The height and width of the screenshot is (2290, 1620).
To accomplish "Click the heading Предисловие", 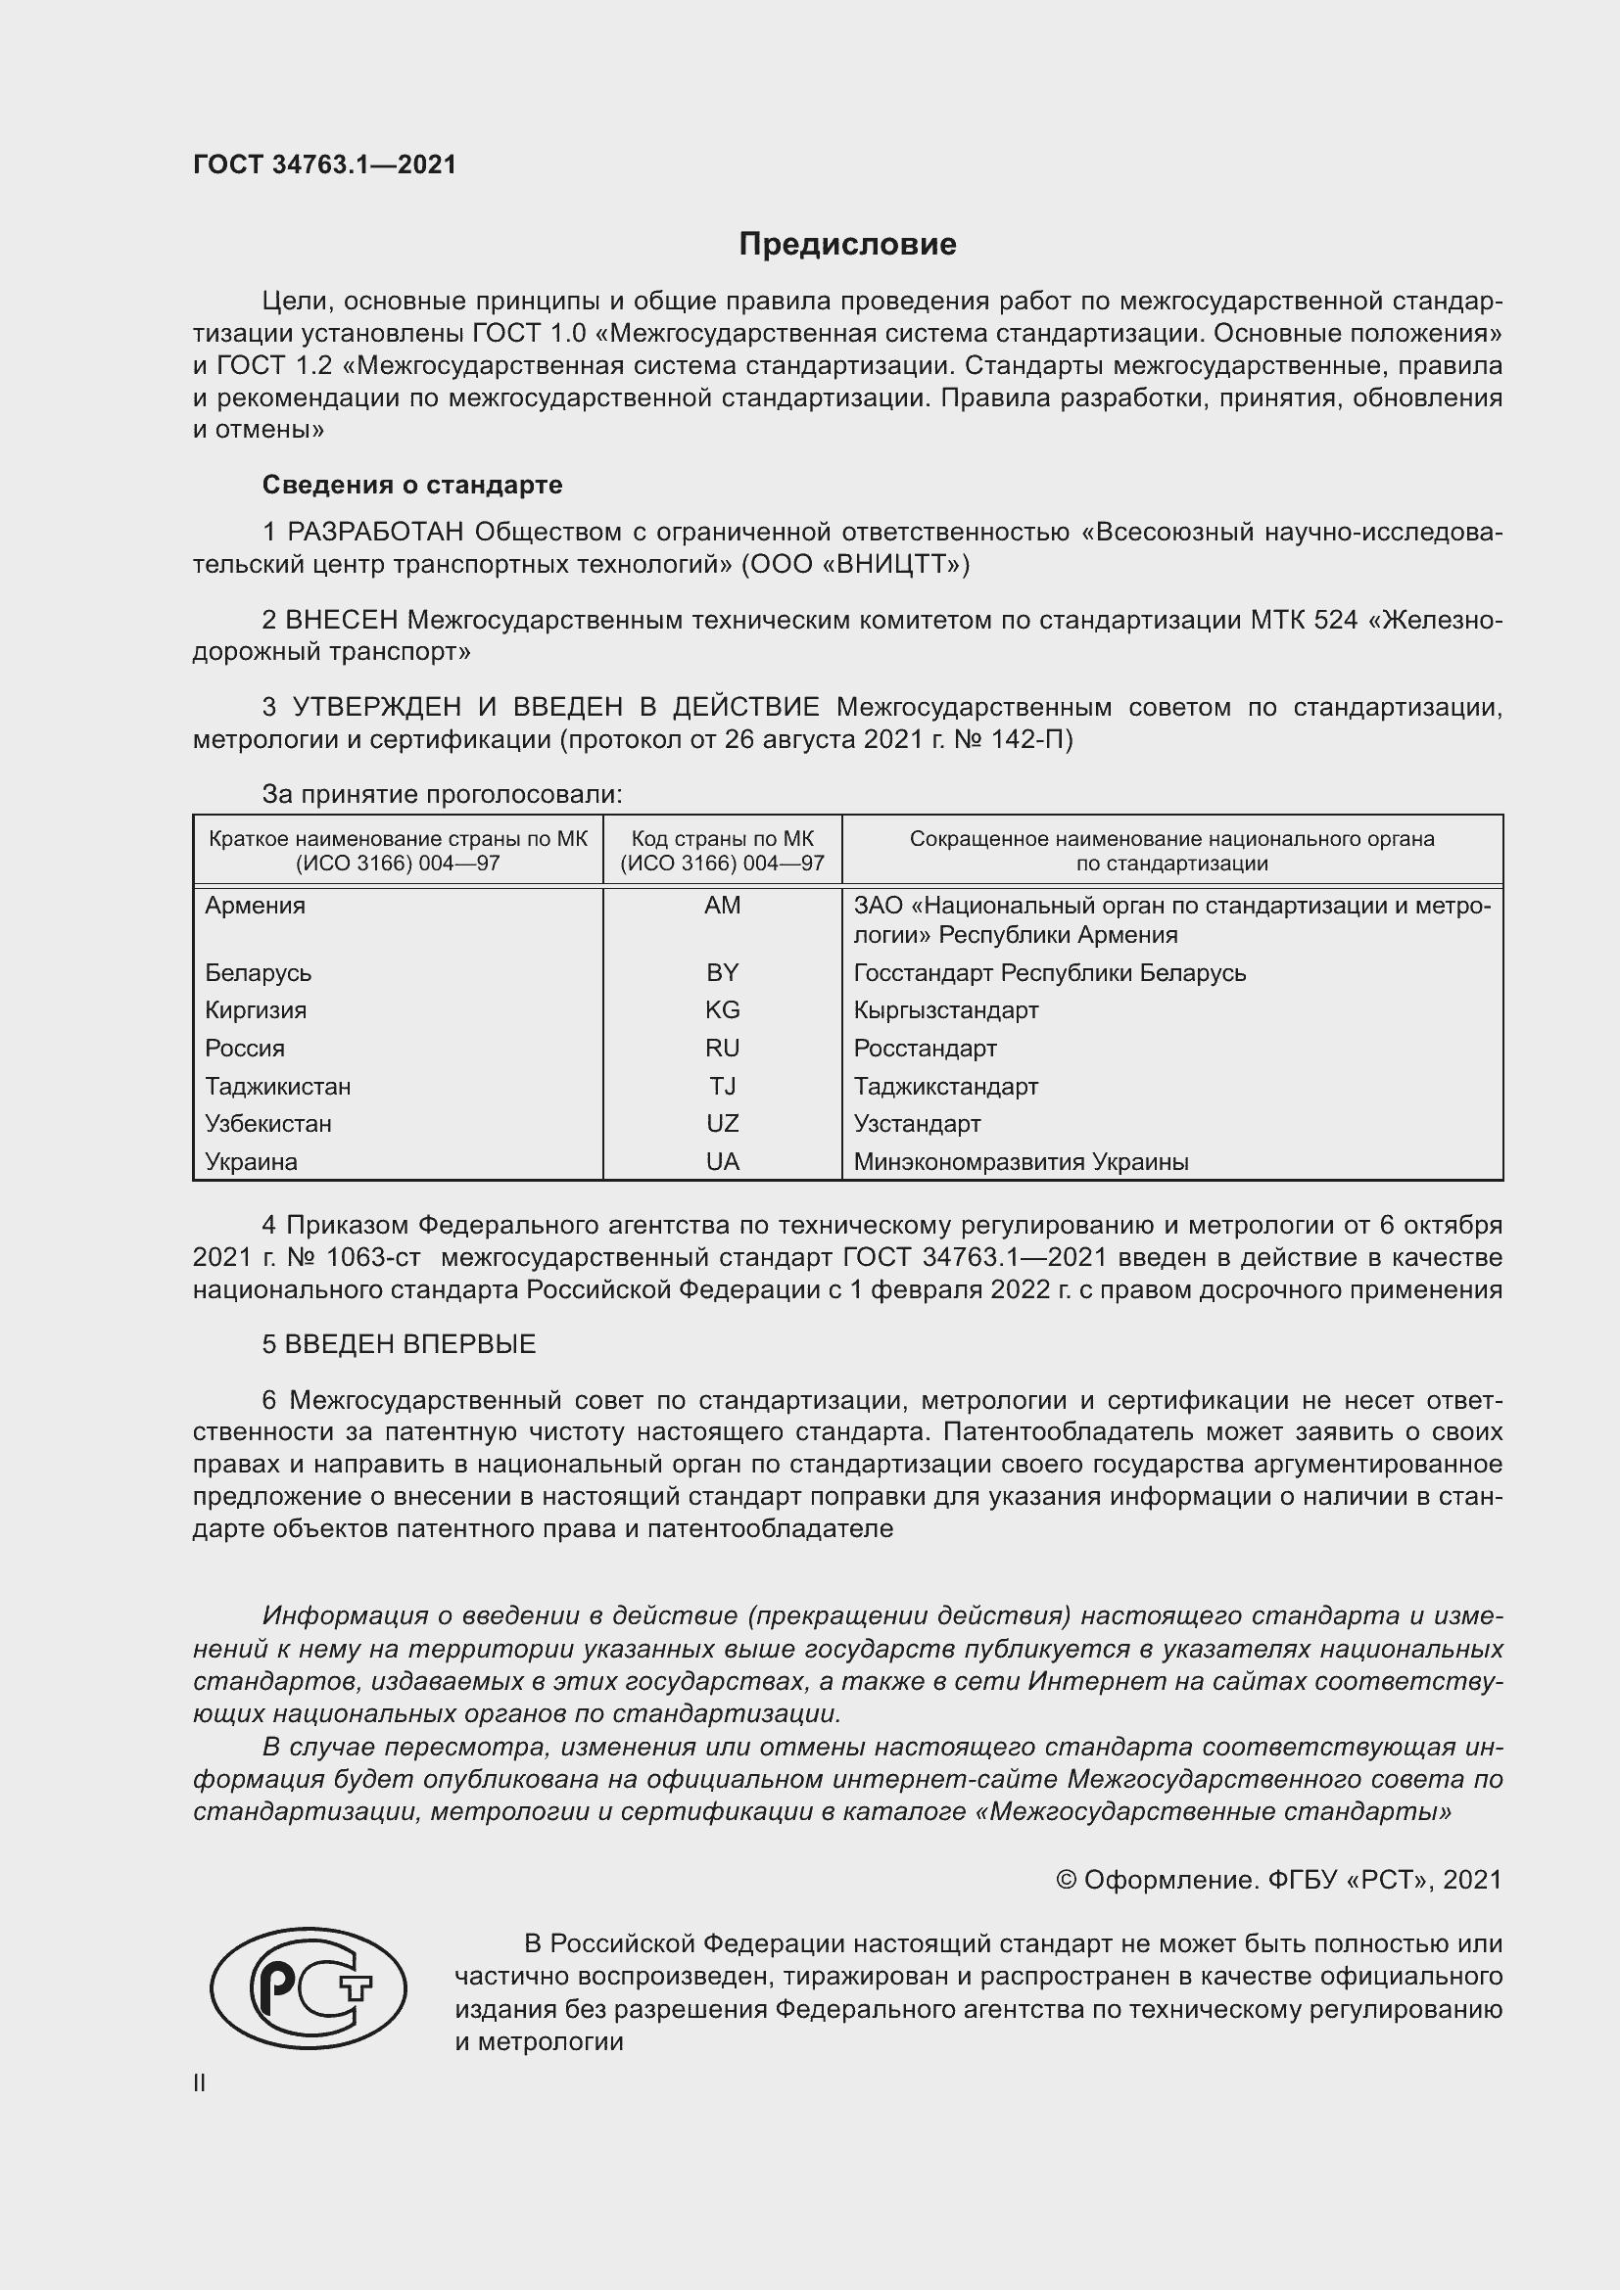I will coord(847,245).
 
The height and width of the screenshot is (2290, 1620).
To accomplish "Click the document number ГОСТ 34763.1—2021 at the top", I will coord(324,165).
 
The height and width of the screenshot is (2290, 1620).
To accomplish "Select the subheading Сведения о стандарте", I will coord(412,485).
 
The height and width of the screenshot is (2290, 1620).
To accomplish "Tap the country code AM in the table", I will coord(722,906).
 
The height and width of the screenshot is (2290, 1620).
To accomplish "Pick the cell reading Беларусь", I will coord(259,972).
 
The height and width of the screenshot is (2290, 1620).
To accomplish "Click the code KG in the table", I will coord(722,1010).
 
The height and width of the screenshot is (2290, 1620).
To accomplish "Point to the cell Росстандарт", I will coord(925,1049).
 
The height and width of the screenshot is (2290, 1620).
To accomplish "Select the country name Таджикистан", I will coord(277,1086).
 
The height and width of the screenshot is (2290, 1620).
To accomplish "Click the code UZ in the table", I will coord(722,1124).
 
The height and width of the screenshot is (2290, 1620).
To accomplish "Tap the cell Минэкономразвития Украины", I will coord(1021,1162).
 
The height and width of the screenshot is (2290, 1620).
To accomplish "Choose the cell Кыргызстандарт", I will coord(946,1010).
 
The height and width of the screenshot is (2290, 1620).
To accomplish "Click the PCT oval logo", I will coord(309,1987).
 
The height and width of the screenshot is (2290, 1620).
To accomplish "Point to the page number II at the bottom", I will coord(200,2083).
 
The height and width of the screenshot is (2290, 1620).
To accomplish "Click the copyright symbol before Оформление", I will coord(1066,1880).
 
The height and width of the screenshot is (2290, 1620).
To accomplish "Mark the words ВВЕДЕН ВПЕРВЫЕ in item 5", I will coord(410,1344).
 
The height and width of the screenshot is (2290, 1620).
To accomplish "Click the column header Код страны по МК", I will coord(722,839).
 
